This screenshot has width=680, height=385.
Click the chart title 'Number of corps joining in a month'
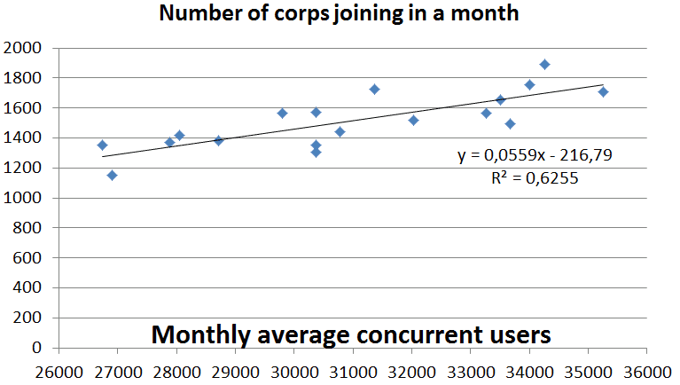pyautogui.click(x=338, y=14)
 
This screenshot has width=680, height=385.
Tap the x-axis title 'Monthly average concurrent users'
pyautogui.click(x=351, y=334)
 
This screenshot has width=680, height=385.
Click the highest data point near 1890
pyautogui.click(x=544, y=65)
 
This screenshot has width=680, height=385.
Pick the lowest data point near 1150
pyautogui.click(x=112, y=175)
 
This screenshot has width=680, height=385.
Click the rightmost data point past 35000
pyautogui.click(x=603, y=91)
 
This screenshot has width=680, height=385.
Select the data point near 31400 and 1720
pyautogui.click(x=374, y=89)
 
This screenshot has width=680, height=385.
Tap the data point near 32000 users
pyautogui.click(x=413, y=120)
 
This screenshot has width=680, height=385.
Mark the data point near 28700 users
pyautogui.click(x=218, y=140)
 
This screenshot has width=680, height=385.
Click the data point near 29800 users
pyautogui.click(x=282, y=113)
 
